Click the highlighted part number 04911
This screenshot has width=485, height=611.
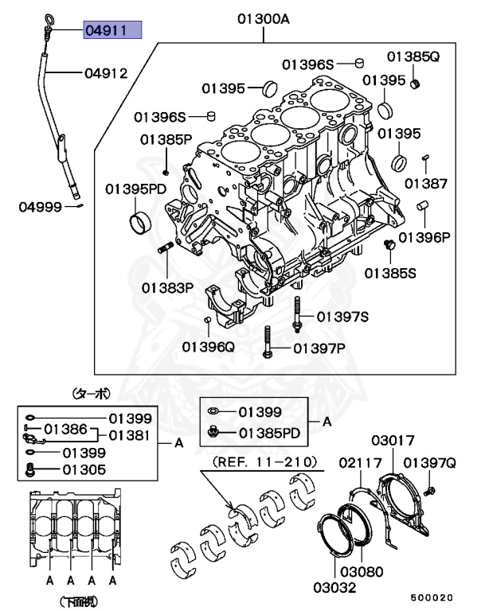(x=112, y=31)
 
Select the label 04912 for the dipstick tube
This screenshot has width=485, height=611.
(x=107, y=73)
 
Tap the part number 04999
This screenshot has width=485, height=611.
(x=41, y=208)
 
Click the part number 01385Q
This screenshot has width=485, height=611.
(x=413, y=56)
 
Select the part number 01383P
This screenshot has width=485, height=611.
(x=168, y=286)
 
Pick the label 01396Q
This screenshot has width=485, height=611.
(x=208, y=346)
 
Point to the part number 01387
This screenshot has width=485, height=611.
(x=425, y=183)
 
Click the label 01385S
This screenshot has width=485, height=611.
(x=390, y=272)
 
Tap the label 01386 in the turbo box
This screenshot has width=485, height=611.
(x=65, y=429)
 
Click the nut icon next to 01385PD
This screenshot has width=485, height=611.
(x=214, y=433)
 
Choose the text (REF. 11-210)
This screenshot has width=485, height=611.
(x=264, y=461)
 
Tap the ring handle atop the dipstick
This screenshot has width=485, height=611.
(x=44, y=18)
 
